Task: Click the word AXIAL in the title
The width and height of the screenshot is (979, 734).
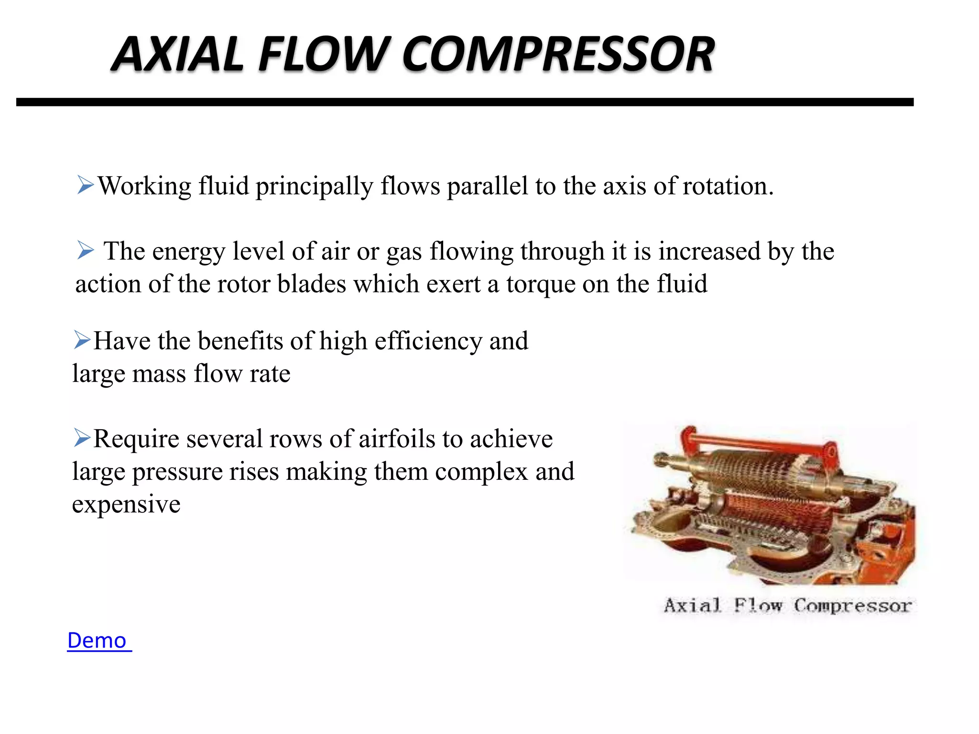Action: (177, 54)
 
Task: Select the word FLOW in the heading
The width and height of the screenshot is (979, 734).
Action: (325, 54)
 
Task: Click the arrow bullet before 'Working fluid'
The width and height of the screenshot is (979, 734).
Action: (85, 185)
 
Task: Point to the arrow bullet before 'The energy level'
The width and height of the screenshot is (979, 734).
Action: (85, 250)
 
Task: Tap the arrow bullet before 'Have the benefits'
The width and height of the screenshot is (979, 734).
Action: (82, 340)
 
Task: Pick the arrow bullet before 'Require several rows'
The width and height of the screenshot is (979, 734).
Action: (82, 438)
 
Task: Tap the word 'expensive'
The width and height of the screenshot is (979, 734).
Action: (126, 505)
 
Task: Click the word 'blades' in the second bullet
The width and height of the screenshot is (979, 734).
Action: (311, 284)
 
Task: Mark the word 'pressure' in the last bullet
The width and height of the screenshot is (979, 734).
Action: (177, 472)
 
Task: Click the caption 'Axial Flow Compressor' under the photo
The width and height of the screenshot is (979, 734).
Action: (787, 605)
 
